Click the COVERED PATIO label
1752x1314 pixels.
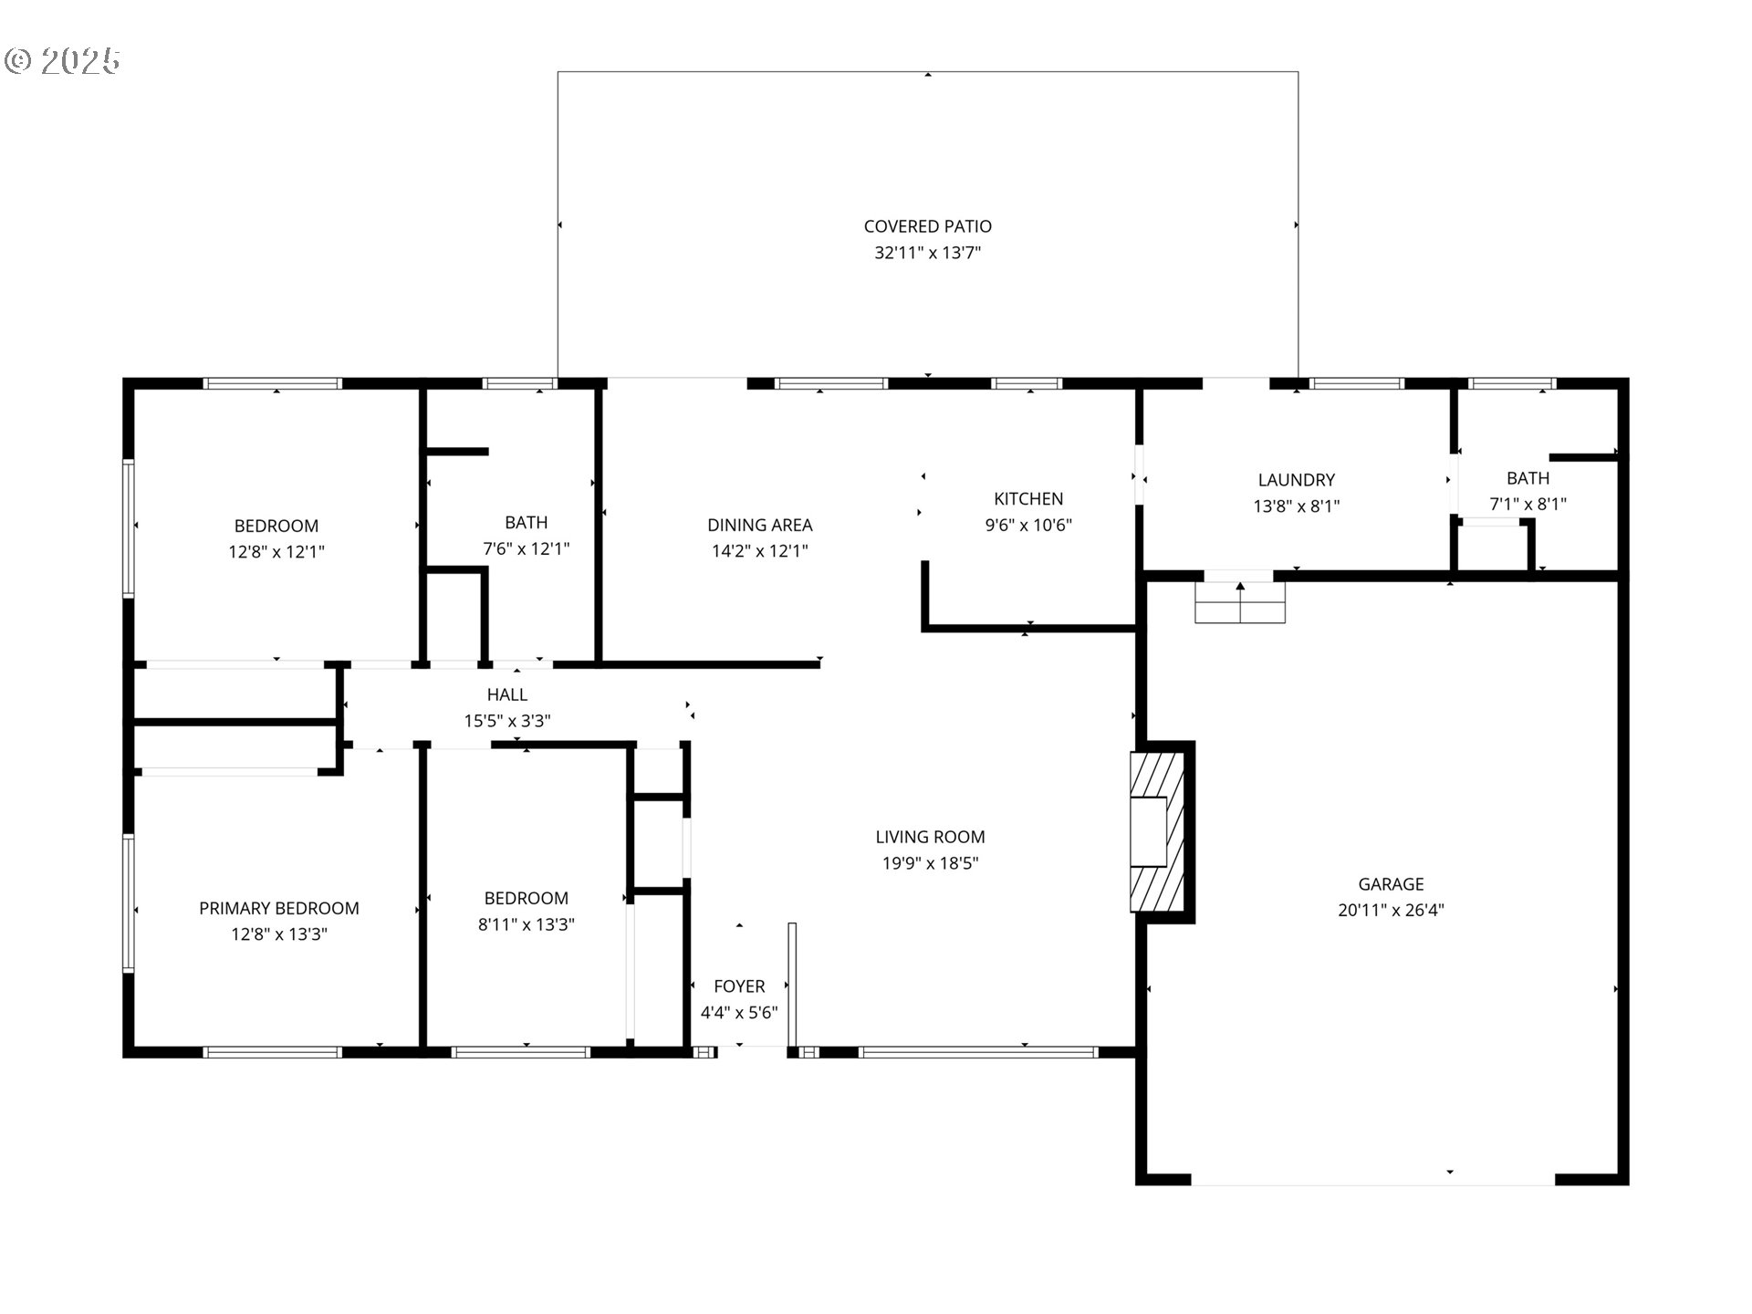927,226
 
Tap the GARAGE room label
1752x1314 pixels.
1391,883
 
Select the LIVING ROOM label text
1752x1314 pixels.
930,837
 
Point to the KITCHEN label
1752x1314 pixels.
1028,498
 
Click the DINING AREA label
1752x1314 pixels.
759,525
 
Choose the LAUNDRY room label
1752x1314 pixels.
1296,480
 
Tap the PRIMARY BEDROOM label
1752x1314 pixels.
279,908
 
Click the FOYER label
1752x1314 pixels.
739,986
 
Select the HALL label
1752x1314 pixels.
507,694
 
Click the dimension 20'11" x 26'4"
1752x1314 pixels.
1391,910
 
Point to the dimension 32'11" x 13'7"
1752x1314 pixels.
927,253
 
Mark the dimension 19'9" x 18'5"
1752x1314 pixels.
930,863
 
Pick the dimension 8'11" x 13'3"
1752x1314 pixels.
527,924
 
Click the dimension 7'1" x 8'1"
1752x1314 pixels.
1528,504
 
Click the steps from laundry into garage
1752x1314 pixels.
1240,603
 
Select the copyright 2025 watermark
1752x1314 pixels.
62,61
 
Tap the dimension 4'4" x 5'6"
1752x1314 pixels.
739,1013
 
